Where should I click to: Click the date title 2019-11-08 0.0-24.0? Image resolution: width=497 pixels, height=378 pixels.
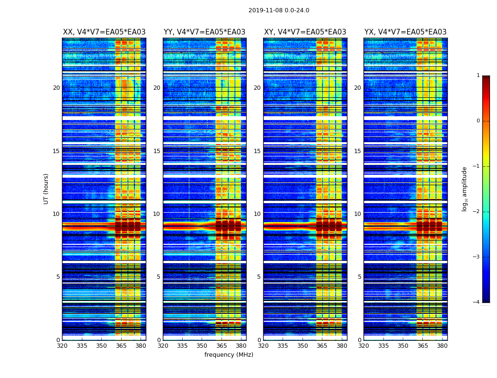(x=279, y=10)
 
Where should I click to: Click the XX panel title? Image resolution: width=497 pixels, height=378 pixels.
(x=104, y=32)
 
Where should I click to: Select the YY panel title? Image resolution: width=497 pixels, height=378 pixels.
(x=204, y=32)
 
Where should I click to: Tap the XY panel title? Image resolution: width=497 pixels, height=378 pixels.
(x=305, y=32)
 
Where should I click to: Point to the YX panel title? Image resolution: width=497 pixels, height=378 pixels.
(x=405, y=32)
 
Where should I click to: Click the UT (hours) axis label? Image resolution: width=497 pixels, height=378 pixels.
(x=46, y=189)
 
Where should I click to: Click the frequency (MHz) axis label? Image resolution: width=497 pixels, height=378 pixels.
(x=229, y=355)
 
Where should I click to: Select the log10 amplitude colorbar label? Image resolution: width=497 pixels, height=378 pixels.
(x=465, y=189)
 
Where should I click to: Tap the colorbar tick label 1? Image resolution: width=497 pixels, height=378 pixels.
(x=478, y=76)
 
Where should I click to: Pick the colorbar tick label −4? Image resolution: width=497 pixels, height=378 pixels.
(x=476, y=302)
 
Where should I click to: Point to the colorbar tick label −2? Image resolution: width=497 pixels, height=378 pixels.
(x=476, y=212)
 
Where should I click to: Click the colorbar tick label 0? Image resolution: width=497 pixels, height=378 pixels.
(x=478, y=121)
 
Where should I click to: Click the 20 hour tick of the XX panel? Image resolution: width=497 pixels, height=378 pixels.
(x=56, y=88)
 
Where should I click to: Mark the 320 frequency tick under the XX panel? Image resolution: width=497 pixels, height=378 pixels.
(x=62, y=346)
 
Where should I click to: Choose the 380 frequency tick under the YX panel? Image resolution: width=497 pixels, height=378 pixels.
(x=442, y=346)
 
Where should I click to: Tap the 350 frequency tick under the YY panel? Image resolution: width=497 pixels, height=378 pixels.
(x=202, y=346)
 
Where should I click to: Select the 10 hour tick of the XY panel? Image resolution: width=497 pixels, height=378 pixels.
(x=257, y=214)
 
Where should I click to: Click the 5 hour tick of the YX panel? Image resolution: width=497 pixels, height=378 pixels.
(x=359, y=277)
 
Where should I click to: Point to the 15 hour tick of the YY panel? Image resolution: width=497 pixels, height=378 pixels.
(x=157, y=151)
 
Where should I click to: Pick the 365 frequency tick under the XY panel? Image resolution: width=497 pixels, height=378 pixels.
(x=322, y=346)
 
